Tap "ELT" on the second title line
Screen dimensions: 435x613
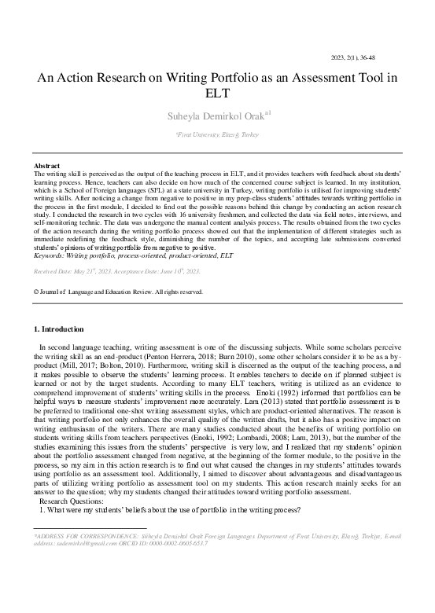click(x=217, y=94)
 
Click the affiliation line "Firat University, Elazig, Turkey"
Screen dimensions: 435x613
click(x=217, y=135)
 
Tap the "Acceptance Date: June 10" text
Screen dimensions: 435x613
click(x=162, y=271)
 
